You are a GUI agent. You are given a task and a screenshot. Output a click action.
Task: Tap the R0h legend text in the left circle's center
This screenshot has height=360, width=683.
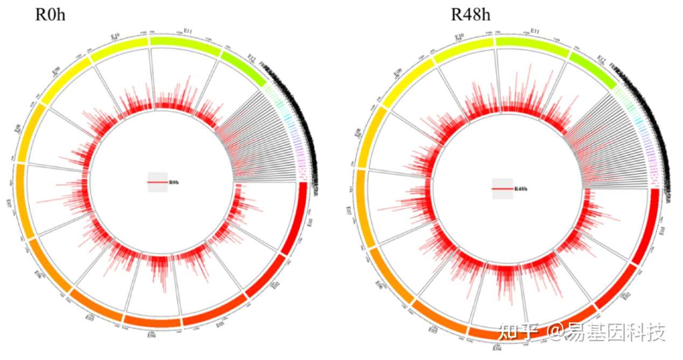point(174,183)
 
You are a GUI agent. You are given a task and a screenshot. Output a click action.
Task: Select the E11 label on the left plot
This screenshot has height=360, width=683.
point(188,32)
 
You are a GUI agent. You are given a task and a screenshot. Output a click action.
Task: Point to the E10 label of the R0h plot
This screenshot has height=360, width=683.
point(115,37)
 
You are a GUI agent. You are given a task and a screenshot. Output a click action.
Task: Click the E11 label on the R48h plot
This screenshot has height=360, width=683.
point(535,32)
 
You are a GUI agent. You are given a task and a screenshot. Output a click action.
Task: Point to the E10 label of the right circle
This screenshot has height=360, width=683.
point(459,37)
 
